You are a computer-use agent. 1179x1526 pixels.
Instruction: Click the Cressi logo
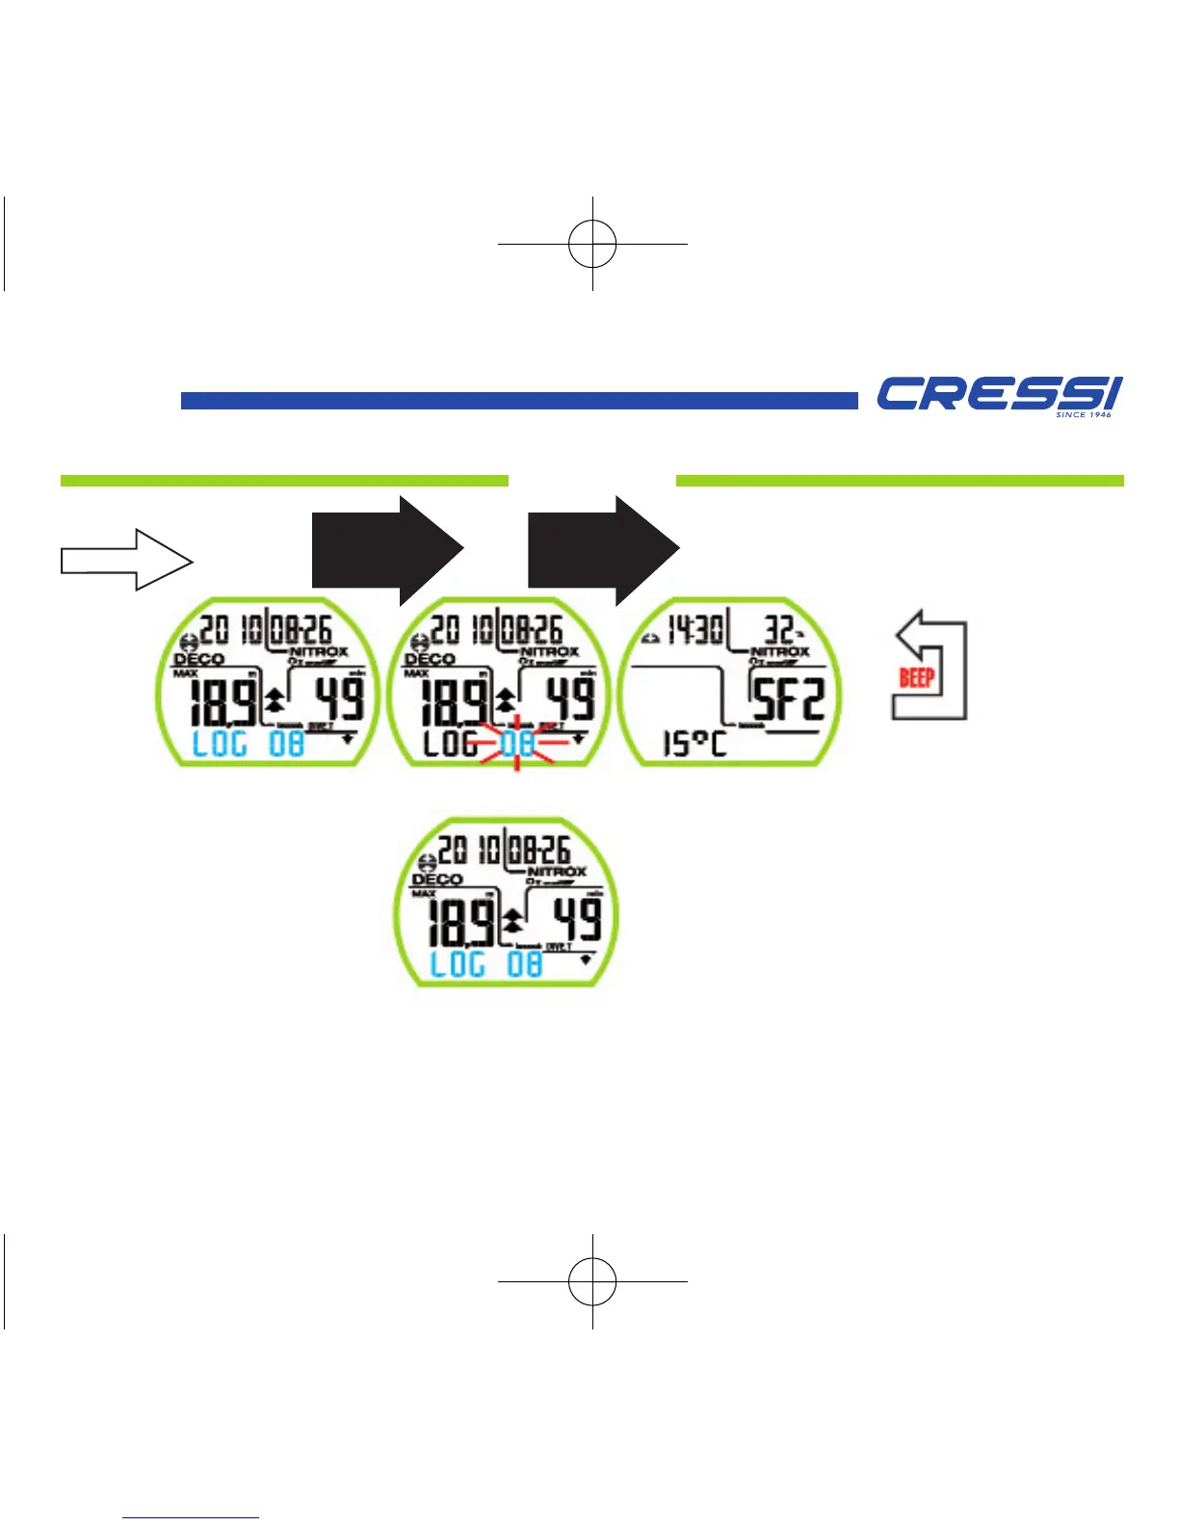[998, 394]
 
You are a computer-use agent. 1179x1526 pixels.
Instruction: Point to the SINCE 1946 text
[1084, 415]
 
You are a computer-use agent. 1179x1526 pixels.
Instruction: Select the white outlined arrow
[126, 560]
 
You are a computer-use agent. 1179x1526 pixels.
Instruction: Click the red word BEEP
[916, 677]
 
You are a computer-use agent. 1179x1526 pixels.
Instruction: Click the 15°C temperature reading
[694, 744]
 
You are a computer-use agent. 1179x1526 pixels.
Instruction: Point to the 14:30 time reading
[695, 632]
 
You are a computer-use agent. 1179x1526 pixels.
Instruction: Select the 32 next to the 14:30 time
[779, 631]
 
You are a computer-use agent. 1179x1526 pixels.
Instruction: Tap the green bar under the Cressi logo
[899, 481]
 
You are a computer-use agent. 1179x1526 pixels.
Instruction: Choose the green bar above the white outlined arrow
[284, 481]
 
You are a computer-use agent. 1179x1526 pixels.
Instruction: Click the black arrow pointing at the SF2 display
[603, 550]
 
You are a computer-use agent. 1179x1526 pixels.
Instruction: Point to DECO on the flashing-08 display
[430, 660]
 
